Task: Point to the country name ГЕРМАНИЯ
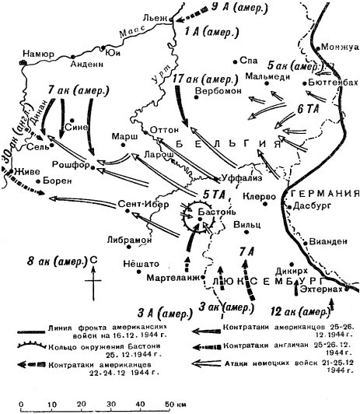pos(320,192)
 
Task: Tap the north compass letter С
pos(93,260)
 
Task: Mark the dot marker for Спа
pos(236,60)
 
